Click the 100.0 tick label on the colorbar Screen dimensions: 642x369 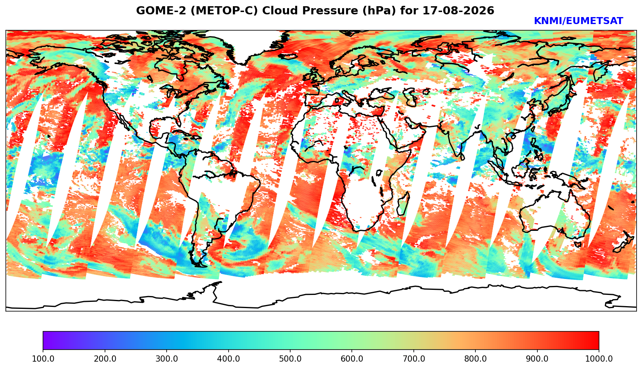pyautogui.click(x=43, y=359)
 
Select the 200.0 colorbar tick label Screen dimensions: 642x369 pyautogui.click(x=105, y=359)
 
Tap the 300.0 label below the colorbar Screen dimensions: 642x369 pyautogui.click(x=167, y=359)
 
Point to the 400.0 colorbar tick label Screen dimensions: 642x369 pyautogui.click(x=229, y=359)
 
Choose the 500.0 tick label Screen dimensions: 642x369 pyautogui.click(x=290, y=359)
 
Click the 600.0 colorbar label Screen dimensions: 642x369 pyautogui.click(x=352, y=359)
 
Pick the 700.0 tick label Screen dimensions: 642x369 pyautogui.click(x=413, y=359)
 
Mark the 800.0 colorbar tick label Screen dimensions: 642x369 pyautogui.click(x=475, y=359)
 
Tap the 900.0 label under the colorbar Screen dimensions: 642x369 pyautogui.click(x=537, y=359)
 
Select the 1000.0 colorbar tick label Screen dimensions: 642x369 pyautogui.click(x=599, y=359)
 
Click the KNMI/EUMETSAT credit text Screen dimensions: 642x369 pyautogui.click(x=578, y=21)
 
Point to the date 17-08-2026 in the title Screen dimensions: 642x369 pyautogui.click(x=458, y=10)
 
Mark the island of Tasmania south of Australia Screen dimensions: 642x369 pyautogui.click(x=578, y=244)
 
